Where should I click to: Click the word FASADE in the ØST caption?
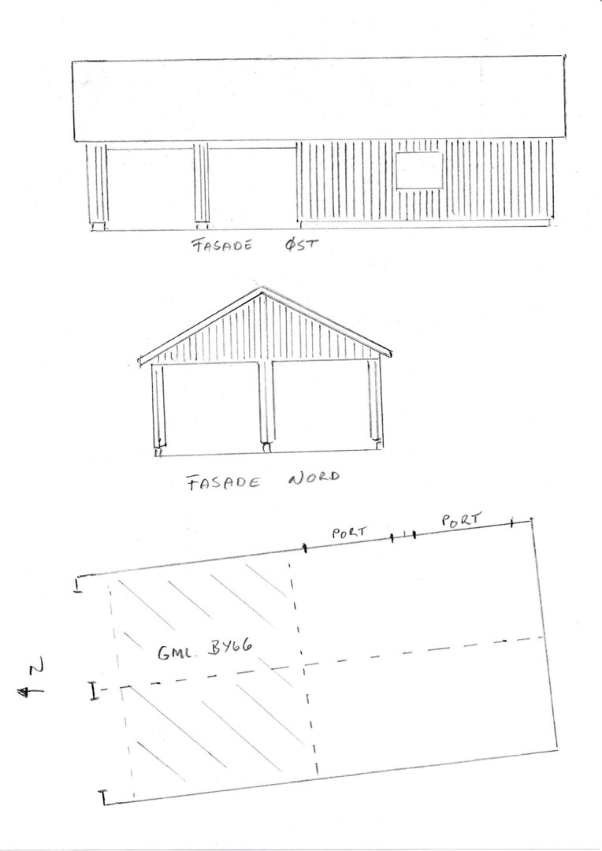222,246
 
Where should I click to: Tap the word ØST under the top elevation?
301,245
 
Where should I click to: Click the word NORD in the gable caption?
314,478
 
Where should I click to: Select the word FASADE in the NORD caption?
223,482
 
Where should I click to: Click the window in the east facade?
419,170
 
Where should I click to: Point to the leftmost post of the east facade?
97,184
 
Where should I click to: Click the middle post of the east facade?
202,184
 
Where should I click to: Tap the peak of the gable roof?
262,288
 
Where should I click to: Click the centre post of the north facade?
266,404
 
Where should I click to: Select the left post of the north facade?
158,408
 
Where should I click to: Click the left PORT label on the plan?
349,532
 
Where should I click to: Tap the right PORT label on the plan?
462,520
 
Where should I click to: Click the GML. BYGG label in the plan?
205,649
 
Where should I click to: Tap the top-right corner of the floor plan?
531,520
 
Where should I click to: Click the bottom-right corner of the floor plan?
558,750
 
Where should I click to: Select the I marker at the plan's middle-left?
94,691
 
